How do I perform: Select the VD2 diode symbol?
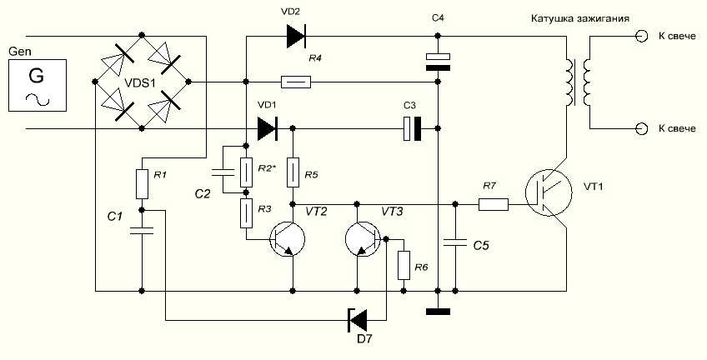(x=296, y=36)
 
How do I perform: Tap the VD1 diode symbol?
(x=267, y=128)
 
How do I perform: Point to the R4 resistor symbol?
(x=295, y=82)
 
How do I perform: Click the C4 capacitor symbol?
(x=438, y=62)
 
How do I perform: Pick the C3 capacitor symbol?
(x=412, y=128)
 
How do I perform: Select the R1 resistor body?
(x=142, y=184)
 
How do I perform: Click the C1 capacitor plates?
(x=142, y=231)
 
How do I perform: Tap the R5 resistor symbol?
(x=293, y=172)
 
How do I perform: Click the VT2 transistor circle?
(x=287, y=239)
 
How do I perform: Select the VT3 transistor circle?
(x=363, y=239)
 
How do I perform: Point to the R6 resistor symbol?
(x=404, y=265)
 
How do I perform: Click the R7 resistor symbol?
(x=494, y=204)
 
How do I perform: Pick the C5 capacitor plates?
(x=455, y=243)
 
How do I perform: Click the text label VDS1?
(x=143, y=84)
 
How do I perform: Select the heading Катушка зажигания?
(x=580, y=19)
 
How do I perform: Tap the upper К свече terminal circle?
(x=641, y=36)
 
